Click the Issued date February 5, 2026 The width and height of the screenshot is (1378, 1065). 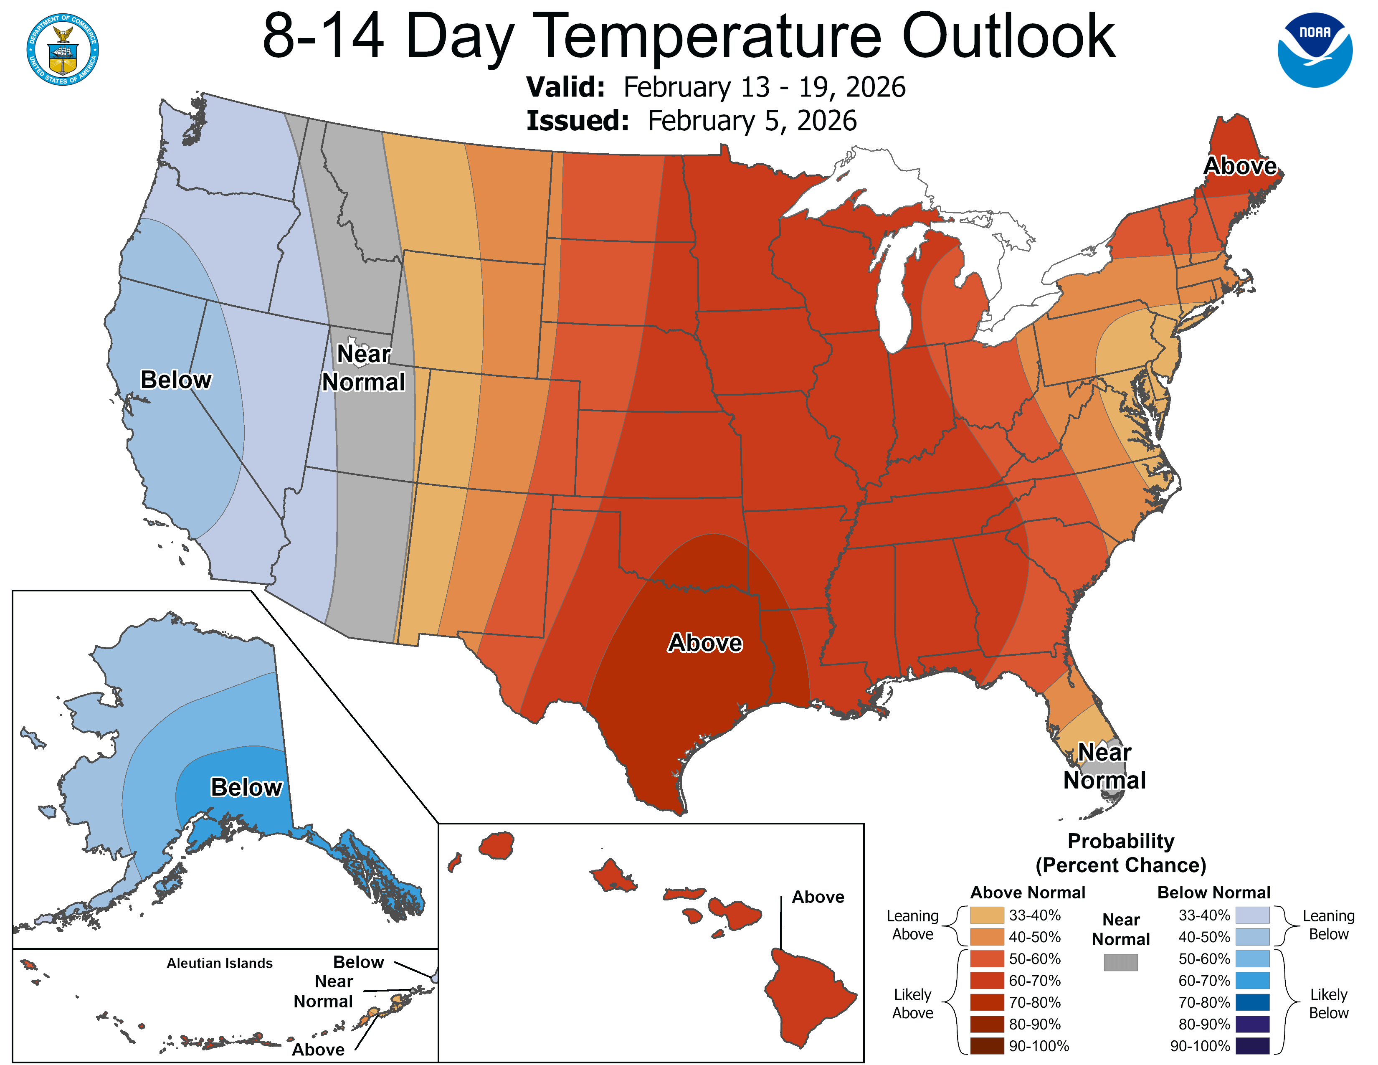coord(752,121)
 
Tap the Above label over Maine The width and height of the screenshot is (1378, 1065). coord(1240,166)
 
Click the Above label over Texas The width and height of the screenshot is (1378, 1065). coord(705,643)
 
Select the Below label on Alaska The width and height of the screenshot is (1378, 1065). coord(246,787)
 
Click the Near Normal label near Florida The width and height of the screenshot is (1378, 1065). coord(1104,766)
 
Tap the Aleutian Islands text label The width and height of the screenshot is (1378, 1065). coord(220,963)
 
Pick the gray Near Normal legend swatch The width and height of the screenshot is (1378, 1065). coord(1121,962)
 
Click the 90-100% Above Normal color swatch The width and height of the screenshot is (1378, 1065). coord(987,1046)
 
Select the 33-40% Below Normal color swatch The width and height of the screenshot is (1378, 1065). coord(1252,915)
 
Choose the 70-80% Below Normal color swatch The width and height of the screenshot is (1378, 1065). coord(1252,1002)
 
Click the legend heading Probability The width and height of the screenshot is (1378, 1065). coord(1121,841)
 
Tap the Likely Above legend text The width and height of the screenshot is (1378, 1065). coord(912,1003)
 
